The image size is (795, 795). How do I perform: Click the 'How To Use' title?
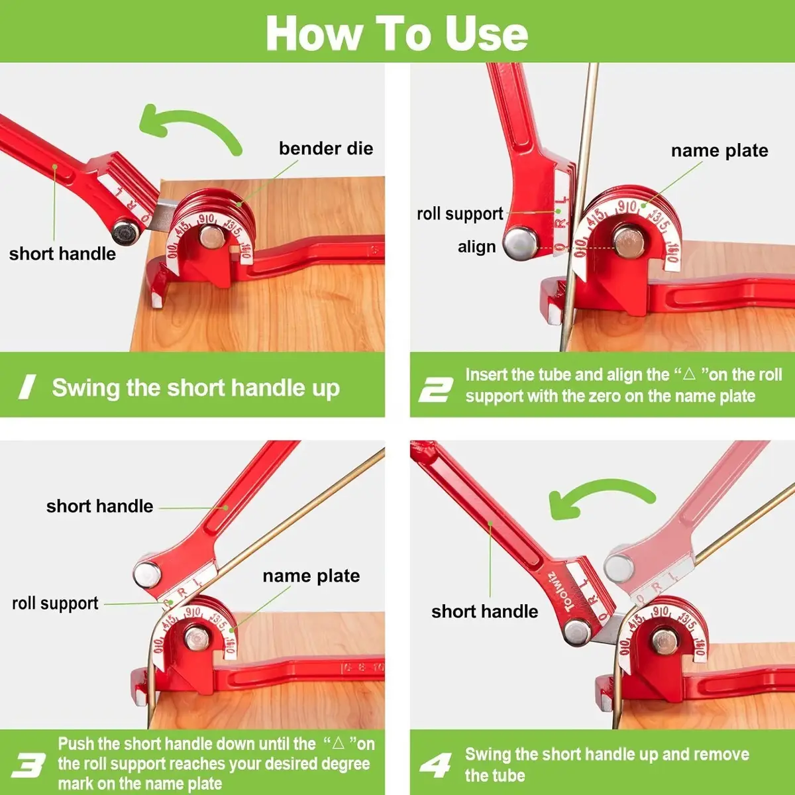click(397, 33)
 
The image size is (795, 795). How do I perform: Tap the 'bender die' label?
click(326, 148)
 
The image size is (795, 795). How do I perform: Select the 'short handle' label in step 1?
click(62, 254)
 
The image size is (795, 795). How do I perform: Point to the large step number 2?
click(436, 390)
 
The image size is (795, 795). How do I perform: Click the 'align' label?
click(476, 247)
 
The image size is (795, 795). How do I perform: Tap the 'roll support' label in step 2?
click(460, 214)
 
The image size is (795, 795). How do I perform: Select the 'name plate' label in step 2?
click(719, 150)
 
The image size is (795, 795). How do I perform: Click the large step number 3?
click(28, 765)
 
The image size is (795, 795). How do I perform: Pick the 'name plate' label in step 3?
click(311, 576)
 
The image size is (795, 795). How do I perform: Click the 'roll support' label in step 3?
click(55, 603)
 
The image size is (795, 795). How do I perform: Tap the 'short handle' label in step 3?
click(99, 506)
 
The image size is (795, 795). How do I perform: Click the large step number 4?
click(436, 765)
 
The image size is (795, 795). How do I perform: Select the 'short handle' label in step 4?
click(485, 611)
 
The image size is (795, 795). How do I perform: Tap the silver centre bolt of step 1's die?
click(211, 237)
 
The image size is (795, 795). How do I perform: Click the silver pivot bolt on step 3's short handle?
click(147, 574)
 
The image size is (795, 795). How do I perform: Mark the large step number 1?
click(27, 387)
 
